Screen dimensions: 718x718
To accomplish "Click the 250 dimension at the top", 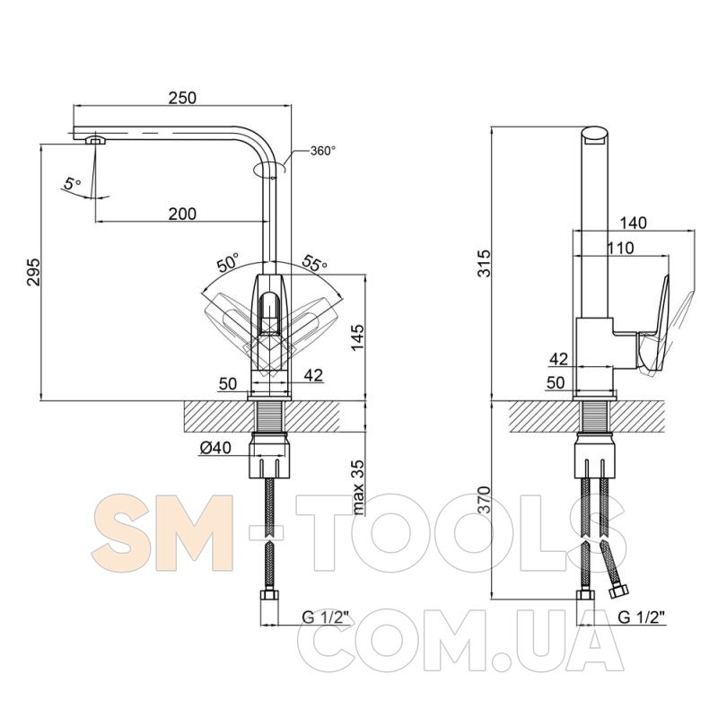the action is coord(182,98).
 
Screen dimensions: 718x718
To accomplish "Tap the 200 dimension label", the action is coord(182,214).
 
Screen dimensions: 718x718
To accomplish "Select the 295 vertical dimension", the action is coord(33,273).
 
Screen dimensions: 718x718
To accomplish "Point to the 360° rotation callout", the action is coord(323,151).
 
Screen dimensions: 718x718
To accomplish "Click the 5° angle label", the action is coord(72,184).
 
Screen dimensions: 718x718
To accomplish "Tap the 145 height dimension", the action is coord(357,338).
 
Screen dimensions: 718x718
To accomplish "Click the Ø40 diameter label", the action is coord(215,448).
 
